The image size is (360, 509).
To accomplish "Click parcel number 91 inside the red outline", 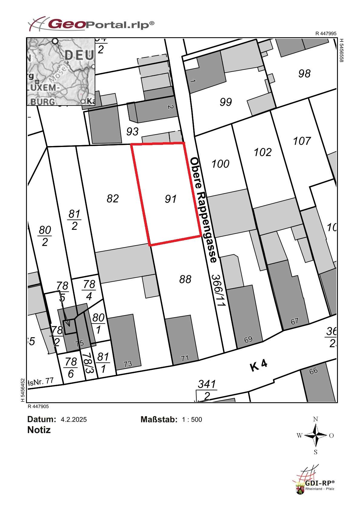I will (x=171, y=199).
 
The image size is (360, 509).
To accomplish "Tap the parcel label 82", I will (x=113, y=199).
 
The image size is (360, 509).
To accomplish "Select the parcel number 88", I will (x=185, y=279).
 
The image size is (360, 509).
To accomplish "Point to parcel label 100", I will (x=220, y=164).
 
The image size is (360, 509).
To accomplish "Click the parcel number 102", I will (x=263, y=152).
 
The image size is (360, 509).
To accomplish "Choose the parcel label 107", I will (x=302, y=141).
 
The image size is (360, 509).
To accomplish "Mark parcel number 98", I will (x=304, y=73).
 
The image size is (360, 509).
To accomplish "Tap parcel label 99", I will (x=226, y=102).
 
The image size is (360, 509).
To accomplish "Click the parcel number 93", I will (x=132, y=132).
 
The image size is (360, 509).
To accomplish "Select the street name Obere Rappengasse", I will (x=204, y=210).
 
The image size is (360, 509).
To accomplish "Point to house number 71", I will (x=185, y=358).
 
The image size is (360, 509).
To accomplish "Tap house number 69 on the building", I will (x=248, y=339).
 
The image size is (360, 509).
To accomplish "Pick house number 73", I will (x=128, y=364).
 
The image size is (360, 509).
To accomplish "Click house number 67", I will (x=294, y=321).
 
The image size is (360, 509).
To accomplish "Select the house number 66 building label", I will (x=313, y=370).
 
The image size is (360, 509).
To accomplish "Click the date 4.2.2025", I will (x=74, y=419).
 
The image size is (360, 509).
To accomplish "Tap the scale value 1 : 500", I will (x=192, y=419).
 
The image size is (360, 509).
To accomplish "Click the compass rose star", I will (x=316, y=436).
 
